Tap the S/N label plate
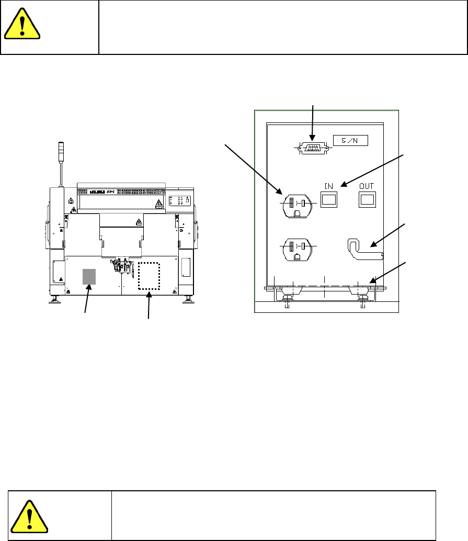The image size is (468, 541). click(x=350, y=140)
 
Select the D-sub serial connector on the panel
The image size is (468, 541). click(x=312, y=148)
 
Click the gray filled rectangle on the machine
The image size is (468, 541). click(x=89, y=275)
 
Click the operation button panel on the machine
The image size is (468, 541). click(x=180, y=200)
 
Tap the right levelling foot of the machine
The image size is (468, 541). click(x=188, y=300)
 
